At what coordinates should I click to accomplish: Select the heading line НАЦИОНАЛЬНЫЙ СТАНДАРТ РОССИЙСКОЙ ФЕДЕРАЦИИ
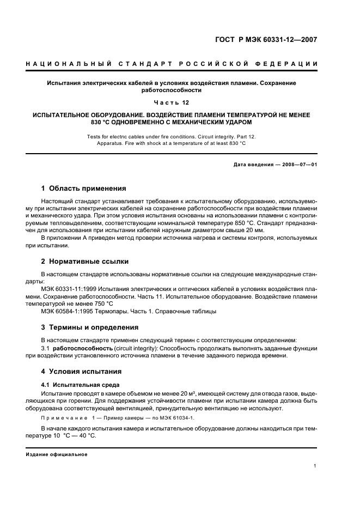click(x=172, y=64)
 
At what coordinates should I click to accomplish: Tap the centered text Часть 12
click(x=172, y=102)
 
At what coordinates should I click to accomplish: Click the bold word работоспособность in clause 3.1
click(x=83, y=348)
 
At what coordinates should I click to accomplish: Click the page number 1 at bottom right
click(x=315, y=466)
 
